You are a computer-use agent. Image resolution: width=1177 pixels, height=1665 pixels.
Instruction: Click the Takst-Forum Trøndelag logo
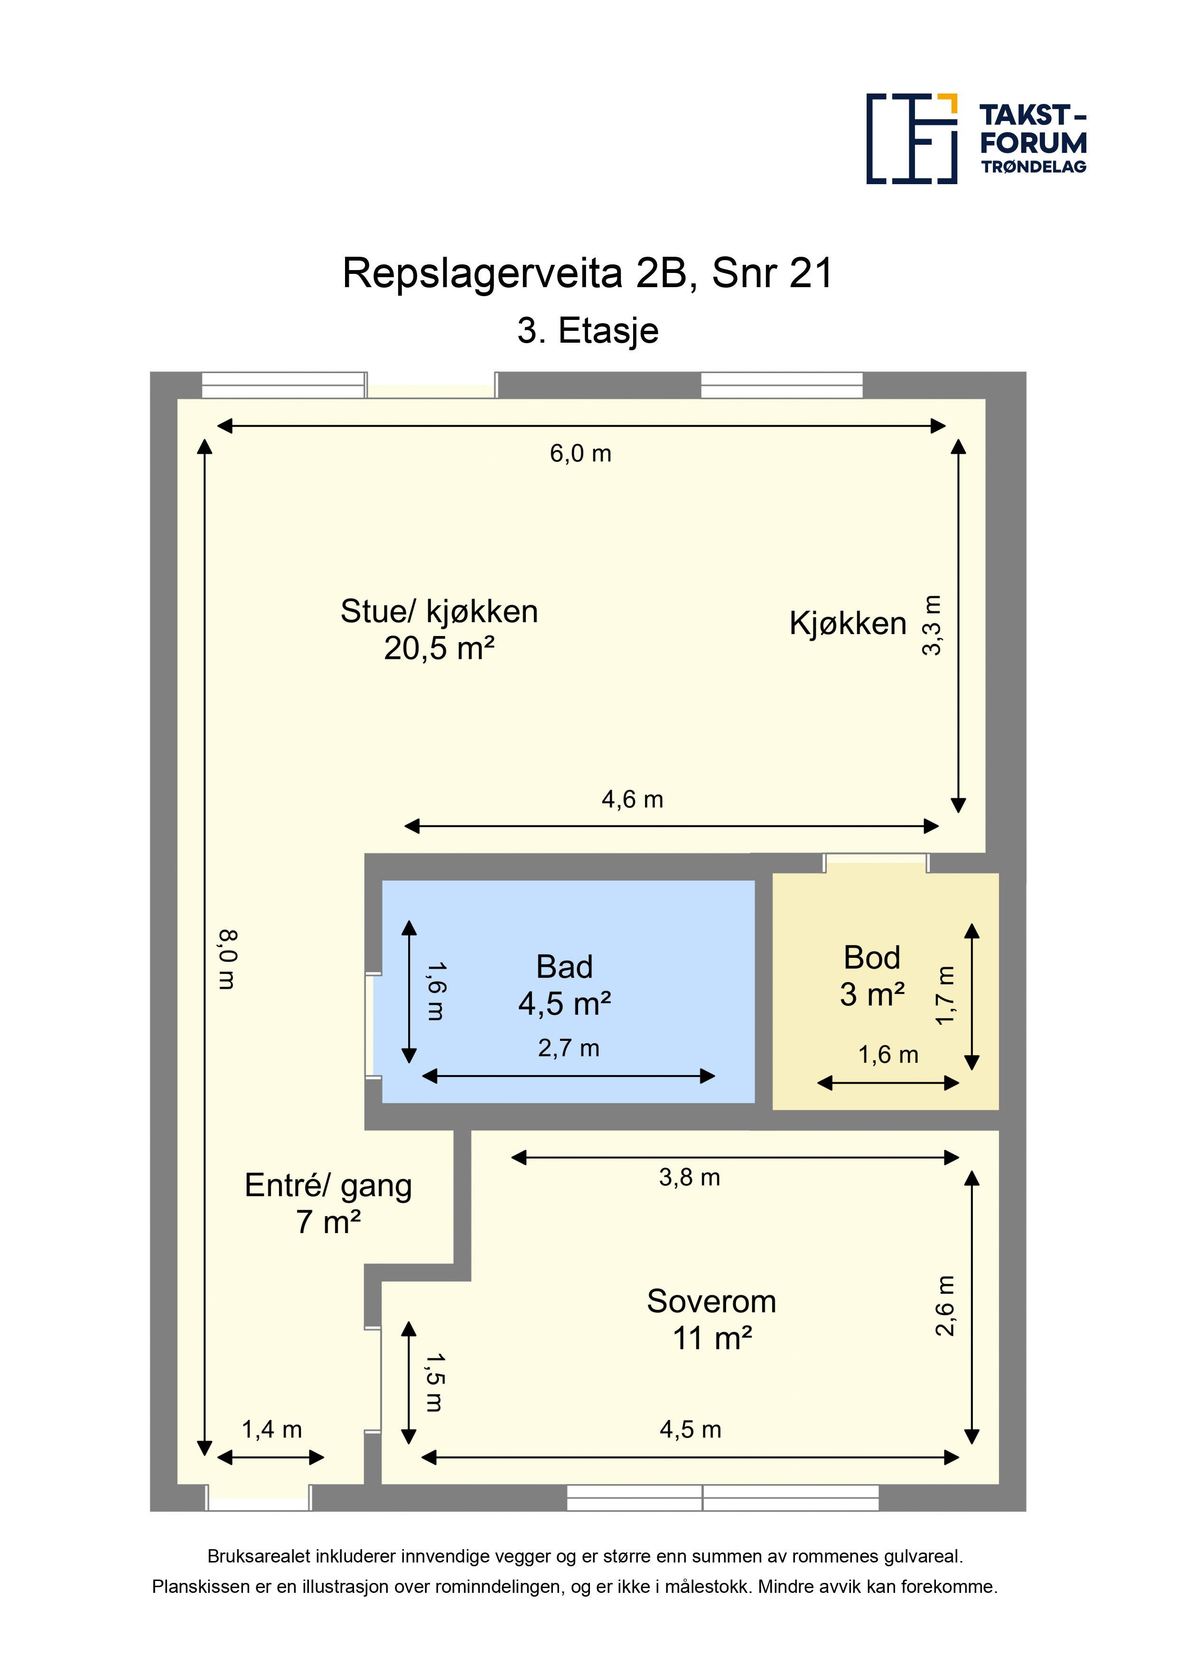click(x=976, y=139)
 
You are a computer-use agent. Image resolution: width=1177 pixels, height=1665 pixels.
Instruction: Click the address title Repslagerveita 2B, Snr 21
click(x=588, y=273)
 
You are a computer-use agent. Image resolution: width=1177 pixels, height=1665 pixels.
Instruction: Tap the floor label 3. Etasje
click(x=588, y=331)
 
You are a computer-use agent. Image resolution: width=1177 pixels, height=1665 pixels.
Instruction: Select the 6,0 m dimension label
click(x=580, y=454)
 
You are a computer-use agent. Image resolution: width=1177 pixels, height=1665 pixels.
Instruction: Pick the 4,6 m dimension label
click(x=632, y=799)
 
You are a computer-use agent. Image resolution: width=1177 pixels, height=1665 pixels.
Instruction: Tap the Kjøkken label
click(x=848, y=624)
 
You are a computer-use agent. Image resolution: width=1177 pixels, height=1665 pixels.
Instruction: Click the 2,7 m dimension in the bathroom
click(x=569, y=1048)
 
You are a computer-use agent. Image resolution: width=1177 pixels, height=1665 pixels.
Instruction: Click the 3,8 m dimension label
click(x=690, y=1177)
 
